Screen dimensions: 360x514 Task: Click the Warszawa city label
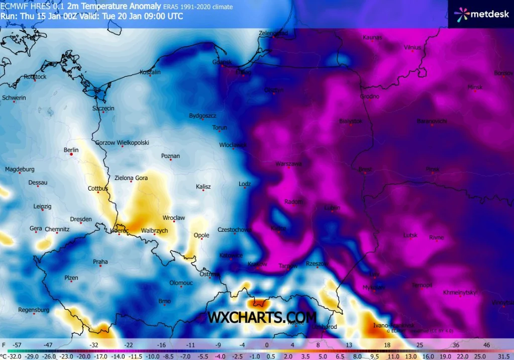[x=288, y=164]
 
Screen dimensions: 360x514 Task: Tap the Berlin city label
[x=71, y=150]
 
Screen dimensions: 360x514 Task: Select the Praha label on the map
[x=100, y=261]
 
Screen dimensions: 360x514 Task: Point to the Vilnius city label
[x=413, y=47]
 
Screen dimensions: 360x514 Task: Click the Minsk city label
[x=475, y=87]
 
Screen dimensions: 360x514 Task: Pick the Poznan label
[x=170, y=156]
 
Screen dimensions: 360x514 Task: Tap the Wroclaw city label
[x=174, y=218]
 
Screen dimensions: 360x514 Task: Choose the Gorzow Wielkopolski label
[x=122, y=142]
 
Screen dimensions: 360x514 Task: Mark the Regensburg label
[x=34, y=310]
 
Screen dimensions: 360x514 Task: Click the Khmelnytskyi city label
[x=460, y=292]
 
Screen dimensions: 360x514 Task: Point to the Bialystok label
[x=351, y=121]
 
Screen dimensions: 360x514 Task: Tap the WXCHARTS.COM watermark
[x=262, y=317]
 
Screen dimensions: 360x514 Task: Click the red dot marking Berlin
[x=71, y=155]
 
